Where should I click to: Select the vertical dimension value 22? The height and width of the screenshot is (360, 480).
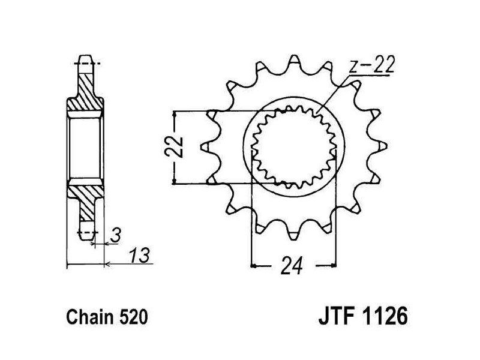tap(174, 147)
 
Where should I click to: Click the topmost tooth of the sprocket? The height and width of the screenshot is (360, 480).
tap(293, 62)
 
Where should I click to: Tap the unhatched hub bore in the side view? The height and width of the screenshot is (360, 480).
tap(86, 147)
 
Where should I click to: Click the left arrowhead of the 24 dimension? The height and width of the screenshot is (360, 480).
tap(254, 264)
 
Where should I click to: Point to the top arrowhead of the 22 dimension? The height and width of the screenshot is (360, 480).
tap(174, 114)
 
